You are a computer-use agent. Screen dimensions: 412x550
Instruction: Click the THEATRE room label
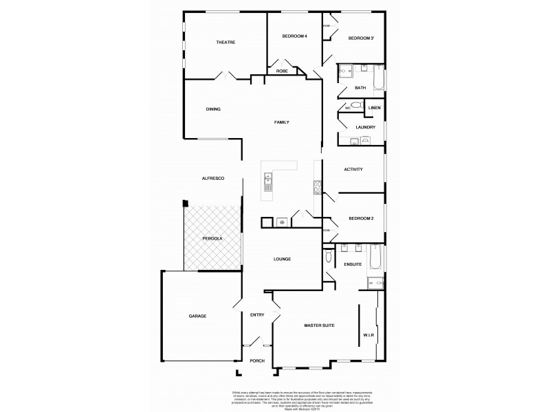pos(225,43)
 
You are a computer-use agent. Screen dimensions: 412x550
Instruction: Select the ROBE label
pos(282,71)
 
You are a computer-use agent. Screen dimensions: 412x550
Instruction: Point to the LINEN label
pos(374,108)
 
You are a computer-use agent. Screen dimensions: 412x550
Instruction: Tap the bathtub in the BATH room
pos(379,77)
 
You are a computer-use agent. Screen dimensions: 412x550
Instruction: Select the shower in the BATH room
pos(345,70)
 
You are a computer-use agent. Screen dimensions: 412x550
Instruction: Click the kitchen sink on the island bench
pos(268,183)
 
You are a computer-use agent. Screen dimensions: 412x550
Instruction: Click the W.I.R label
pos(368,335)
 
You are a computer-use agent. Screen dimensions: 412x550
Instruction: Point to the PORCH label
pos(257,360)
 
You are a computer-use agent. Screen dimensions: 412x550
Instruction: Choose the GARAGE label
pos(198,316)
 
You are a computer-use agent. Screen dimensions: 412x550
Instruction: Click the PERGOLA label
pos(212,238)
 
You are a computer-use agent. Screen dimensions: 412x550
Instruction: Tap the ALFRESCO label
pos(212,178)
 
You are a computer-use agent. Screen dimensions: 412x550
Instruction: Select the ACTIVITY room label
pos(353,170)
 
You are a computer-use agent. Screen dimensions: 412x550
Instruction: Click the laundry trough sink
pos(365,141)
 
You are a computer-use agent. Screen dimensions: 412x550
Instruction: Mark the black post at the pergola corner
pos(185,203)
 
